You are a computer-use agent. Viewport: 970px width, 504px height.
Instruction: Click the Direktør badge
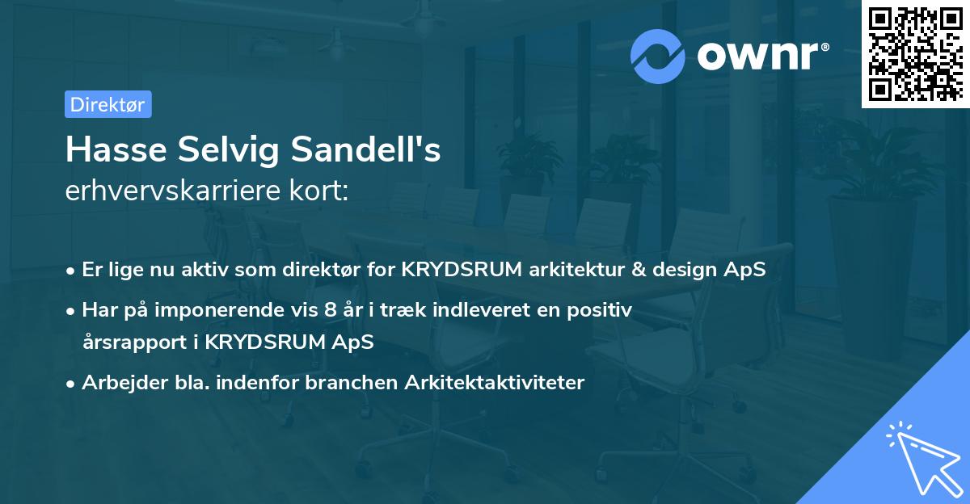tap(108, 104)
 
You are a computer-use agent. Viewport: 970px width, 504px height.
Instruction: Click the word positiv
tap(603, 309)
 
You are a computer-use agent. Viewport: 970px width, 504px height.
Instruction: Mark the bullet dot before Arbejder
tap(72, 383)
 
